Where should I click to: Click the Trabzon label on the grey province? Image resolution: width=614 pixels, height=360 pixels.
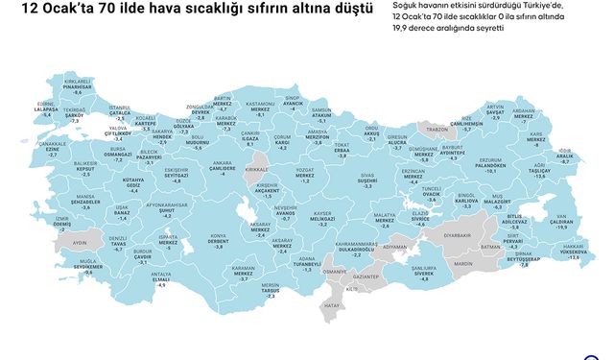pyautogui.click(x=437, y=128)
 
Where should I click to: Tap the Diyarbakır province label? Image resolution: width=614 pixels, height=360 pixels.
pyautogui.click(x=457, y=233)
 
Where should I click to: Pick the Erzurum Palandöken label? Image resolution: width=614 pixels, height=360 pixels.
pyautogui.click(x=490, y=166)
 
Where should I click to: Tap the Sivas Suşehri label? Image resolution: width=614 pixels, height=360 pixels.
pyautogui.click(x=368, y=180)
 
